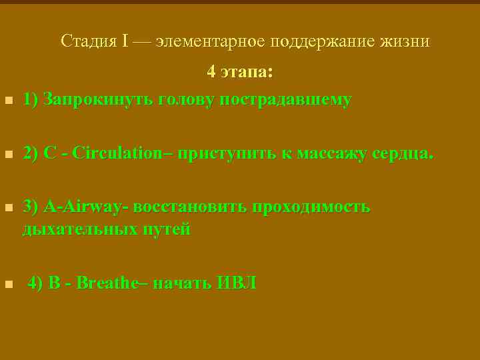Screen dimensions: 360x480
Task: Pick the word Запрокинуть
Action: pyautogui.click(x=96, y=100)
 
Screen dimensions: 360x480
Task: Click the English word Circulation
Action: pyautogui.click(x=117, y=153)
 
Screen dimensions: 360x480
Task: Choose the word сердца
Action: pyautogui.click(x=402, y=154)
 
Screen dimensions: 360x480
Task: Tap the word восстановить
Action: pyautogui.click(x=189, y=207)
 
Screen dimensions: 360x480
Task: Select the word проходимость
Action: pyautogui.click(x=310, y=207)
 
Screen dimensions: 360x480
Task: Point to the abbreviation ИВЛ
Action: pyautogui.click(x=236, y=283)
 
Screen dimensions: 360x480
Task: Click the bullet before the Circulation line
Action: pyautogui.click(x=8, y=155)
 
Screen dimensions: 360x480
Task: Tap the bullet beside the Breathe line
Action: pyautogui.click(x=8, y=285)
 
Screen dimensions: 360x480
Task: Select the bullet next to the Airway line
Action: pyautogui.click(x=8, y=209)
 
